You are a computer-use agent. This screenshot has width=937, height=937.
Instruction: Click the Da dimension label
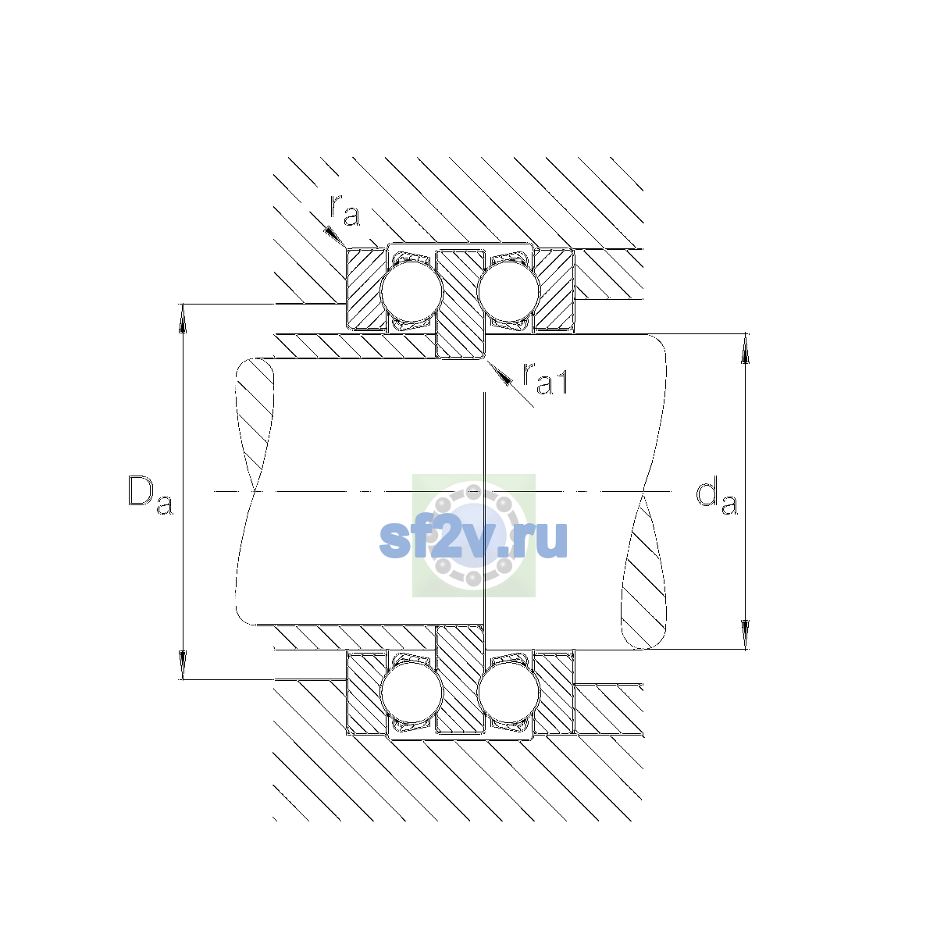150,495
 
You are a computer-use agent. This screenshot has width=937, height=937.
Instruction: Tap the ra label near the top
345,211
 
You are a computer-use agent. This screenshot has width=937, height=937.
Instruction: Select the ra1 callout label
545,379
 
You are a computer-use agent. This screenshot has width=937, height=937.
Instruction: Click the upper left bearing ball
411,290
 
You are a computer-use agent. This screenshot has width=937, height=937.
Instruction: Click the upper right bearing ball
508,290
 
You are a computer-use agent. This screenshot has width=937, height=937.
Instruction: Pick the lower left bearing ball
411,693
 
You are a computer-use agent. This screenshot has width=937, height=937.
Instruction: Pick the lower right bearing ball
508,693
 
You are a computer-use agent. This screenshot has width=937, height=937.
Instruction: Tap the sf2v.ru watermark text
473,540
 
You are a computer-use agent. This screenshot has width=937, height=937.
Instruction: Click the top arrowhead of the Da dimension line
183,318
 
